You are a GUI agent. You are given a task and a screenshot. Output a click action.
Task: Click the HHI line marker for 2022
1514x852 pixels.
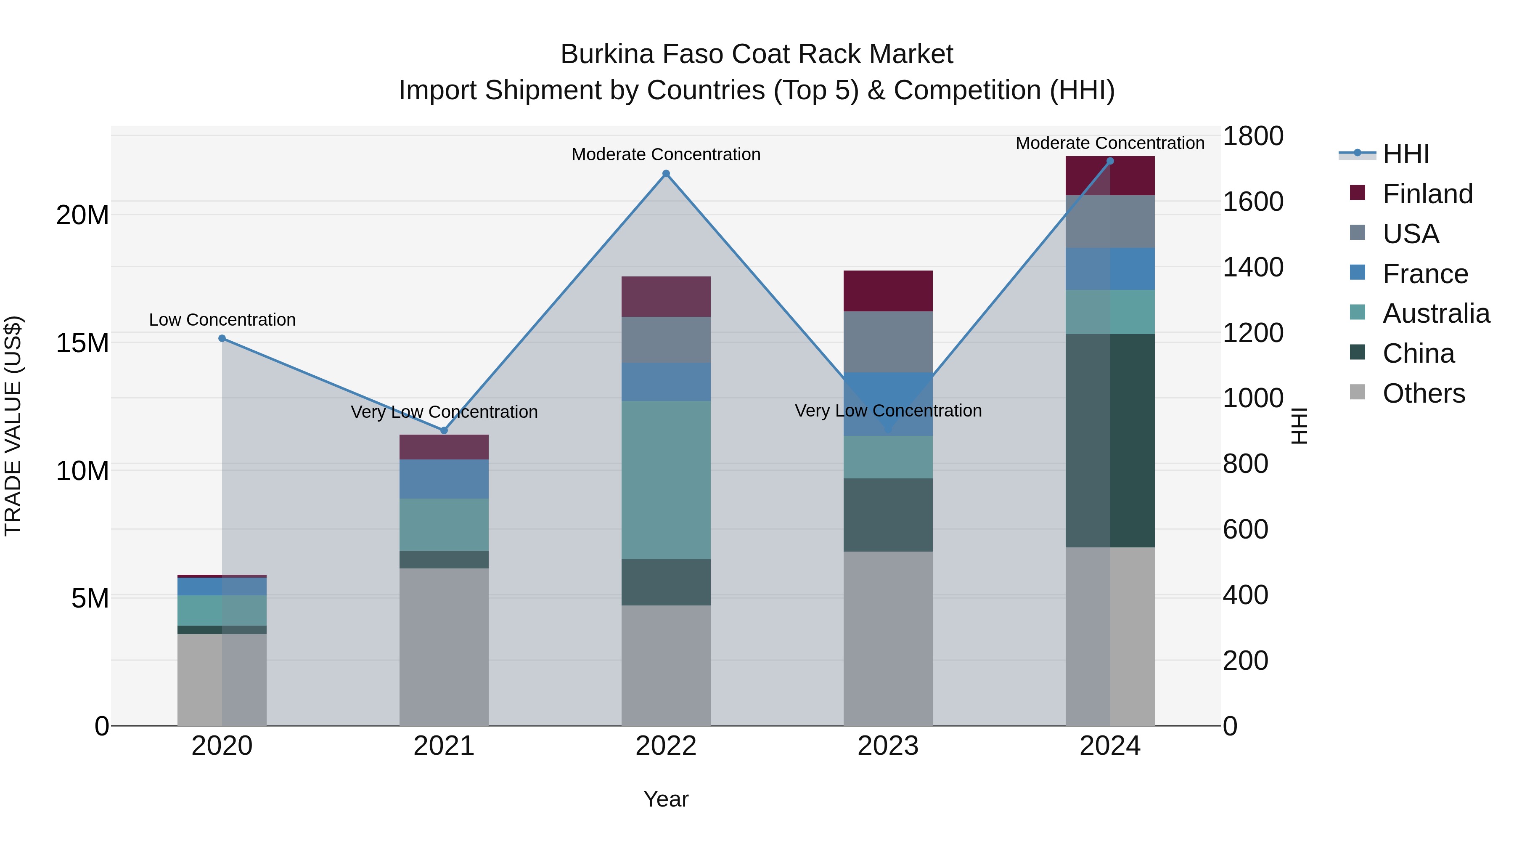click(666, 173)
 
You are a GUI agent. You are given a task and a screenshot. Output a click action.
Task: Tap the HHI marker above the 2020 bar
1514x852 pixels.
click(222, 338)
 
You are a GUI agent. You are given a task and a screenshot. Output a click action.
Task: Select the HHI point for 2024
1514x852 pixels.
click(1110, 161)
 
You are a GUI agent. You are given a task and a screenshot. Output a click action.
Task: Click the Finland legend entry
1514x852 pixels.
click(1427, 194)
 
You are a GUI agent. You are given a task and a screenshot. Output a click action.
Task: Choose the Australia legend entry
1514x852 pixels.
click(1436, 313)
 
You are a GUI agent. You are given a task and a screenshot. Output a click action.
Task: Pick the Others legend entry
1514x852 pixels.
click(1424, 393)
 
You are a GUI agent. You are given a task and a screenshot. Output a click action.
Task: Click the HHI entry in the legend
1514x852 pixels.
click(1405, 154)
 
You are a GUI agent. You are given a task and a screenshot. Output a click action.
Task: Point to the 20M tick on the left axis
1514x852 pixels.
click(82, 215)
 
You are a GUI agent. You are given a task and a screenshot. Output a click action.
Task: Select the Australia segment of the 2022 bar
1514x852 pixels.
click(666, 479)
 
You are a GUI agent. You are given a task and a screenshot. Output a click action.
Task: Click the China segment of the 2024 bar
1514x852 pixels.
click(1110, 441)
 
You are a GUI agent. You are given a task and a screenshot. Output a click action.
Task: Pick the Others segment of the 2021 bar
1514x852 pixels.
click(444, 646)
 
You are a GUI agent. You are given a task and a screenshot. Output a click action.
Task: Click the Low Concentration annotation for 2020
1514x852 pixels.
click(222, 320)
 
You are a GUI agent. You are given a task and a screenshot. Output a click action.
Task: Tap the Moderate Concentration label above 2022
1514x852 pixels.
click(666, 155)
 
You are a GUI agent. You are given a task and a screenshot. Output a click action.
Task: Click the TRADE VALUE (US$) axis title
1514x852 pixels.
click(13, 426)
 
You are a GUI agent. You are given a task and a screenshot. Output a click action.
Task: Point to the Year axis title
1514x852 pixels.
click(666, 799)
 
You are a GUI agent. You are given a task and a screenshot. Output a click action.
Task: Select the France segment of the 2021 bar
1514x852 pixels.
click(444, 479)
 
